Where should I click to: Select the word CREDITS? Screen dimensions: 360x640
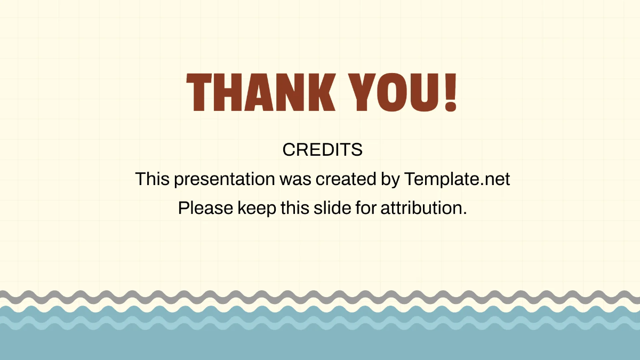pyautogui.click(x=322, y=150)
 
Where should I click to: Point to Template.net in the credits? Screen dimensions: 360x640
pyautogui.click(x=457, y=179)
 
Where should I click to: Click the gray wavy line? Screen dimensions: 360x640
pyautogui.click(x=320, y=296)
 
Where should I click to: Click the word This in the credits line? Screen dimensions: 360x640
pyautogui.click(x=153, y=179)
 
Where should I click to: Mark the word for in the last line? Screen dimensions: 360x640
pyautogui.click(x=365, y=208)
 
